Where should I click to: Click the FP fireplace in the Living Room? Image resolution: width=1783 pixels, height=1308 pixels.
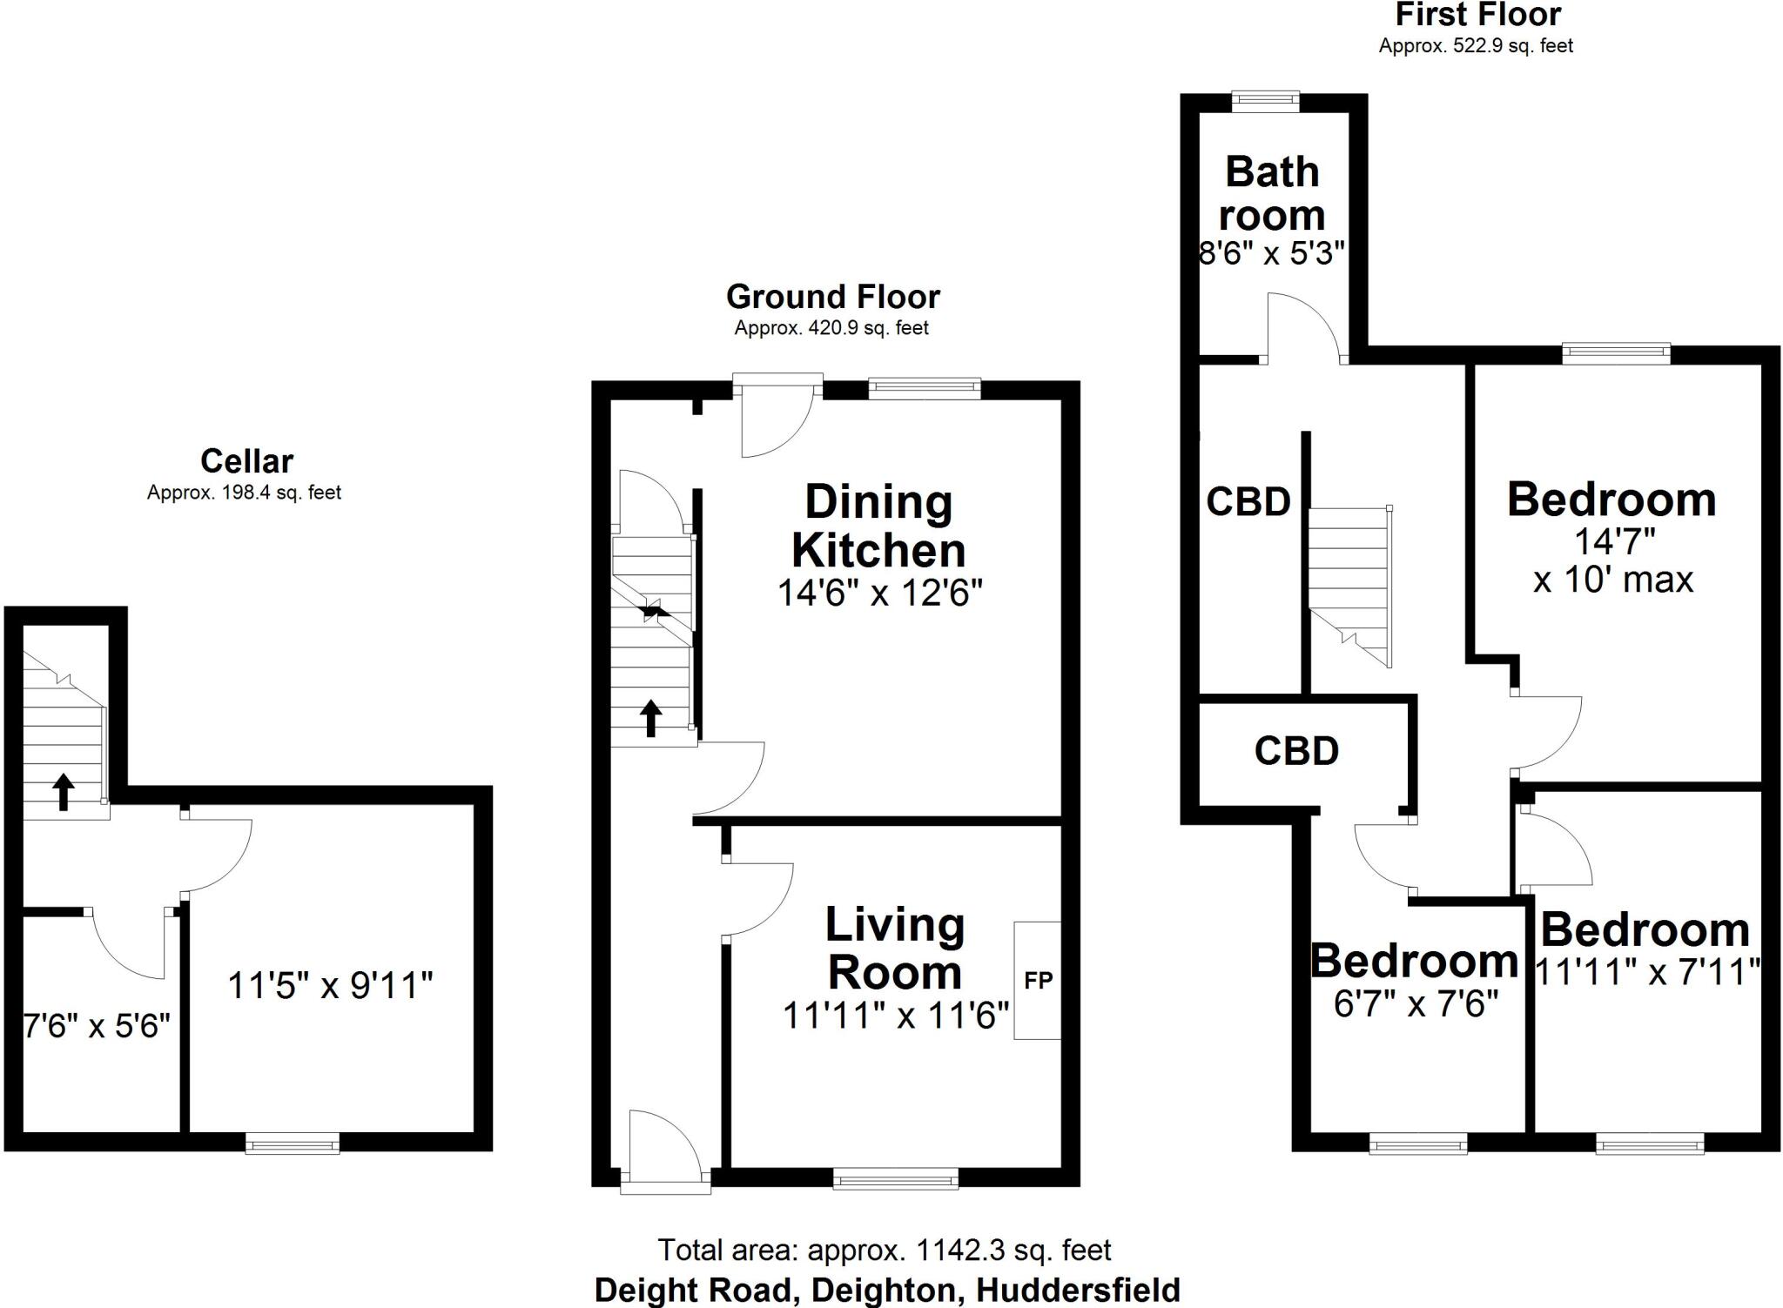1038,981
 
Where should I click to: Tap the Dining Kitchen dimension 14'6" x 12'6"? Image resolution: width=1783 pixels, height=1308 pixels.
879,594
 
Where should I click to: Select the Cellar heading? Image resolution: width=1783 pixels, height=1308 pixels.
246,460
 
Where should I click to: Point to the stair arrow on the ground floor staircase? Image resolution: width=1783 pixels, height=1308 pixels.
650,718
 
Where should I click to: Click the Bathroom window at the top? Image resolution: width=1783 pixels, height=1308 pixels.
1265,102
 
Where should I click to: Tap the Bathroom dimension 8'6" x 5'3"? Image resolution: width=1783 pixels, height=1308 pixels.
1272,253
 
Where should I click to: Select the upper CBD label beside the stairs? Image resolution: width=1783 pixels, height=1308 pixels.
1248,502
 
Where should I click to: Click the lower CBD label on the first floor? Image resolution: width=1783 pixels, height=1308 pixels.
1295,751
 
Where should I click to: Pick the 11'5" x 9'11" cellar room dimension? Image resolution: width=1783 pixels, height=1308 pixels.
330,986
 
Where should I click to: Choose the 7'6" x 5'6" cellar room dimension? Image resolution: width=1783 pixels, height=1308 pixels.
96,1027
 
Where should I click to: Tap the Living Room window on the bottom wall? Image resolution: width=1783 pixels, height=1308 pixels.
895,1179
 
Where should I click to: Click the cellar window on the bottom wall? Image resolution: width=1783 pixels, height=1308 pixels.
292,1144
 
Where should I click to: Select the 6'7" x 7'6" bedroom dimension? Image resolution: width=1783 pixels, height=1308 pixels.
1415,1005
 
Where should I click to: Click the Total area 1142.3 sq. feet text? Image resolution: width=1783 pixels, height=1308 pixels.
884,1251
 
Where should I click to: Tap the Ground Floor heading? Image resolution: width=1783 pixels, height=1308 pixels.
832,297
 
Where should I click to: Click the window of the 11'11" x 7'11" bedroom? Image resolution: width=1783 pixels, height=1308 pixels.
1649,1144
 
